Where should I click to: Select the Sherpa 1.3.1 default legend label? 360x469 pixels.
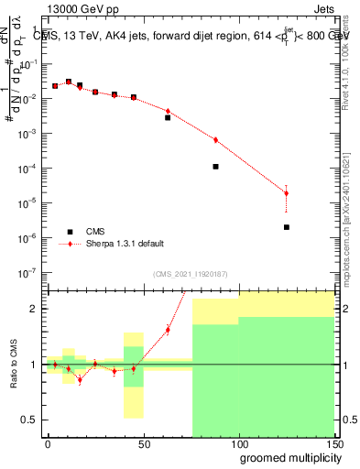point(125,244)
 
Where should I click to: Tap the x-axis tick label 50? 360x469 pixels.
point(143,442)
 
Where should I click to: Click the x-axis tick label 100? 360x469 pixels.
point(239,442)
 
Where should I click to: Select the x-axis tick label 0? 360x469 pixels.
point(48,442)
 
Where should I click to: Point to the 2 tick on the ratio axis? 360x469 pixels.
point(34,309)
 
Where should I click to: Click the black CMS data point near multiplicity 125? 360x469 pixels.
point(287,227)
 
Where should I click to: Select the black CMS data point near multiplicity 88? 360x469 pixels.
point(215,167)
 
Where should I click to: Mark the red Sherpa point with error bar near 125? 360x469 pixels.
point(287,192)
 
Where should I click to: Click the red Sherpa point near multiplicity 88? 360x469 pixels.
point(215,140)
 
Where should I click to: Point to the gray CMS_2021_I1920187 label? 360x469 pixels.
point(190,274)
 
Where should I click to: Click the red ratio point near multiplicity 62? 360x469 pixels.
point(168,330)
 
